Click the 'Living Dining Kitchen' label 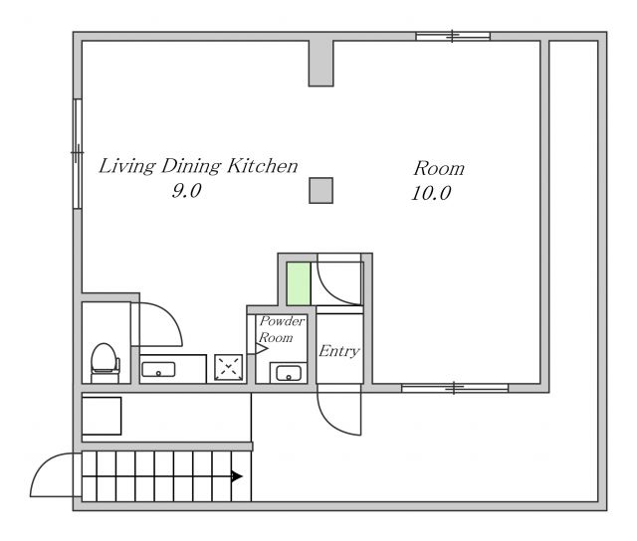[x=198, y=166]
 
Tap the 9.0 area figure [x=186, y=190]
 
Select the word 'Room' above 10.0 [x=439, y=168]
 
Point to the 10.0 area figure [x=431, y=193]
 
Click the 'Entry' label [x=338, y=351]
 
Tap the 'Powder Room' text [x=281, y=329]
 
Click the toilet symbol [x=105, y=362]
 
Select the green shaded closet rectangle [x=299, y=283]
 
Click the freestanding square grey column [x=320, y=190]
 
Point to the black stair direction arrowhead [x=237, y=476]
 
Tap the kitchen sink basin [x=158, y=370]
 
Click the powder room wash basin [x=289, y=373]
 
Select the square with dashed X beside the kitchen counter [x=229, y=368]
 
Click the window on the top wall [x=453, y=36]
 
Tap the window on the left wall [x=78, y=153]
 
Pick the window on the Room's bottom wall [x=455, y=388]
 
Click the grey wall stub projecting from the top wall [x=320, y=63]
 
